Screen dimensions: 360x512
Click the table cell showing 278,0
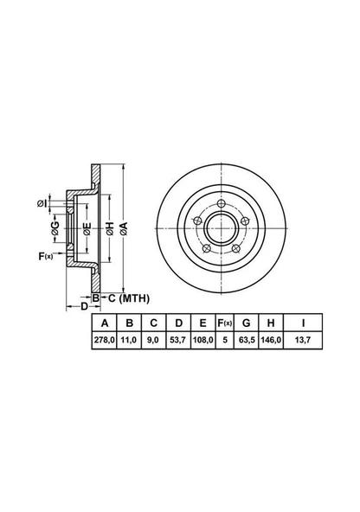[104, 340]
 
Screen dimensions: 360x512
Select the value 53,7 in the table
[178, 340]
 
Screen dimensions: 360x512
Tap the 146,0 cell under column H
[271, 340]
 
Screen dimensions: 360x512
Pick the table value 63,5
[247, 340]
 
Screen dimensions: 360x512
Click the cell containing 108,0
[202, 340]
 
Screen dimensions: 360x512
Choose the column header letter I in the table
[303, 323]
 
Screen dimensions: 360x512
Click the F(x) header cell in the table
[225, 323]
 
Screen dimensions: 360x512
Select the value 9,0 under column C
[153, 340]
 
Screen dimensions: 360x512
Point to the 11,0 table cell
[129, 340]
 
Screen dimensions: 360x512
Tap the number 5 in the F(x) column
[225, 340]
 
